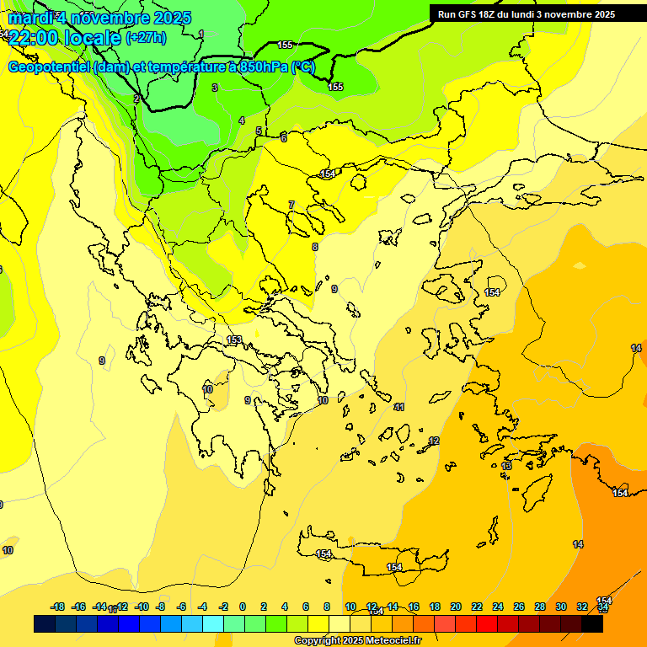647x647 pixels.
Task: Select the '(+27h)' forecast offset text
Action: click(146, 38)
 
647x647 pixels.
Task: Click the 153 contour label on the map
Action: click(234, 340)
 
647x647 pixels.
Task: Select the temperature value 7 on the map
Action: click(291, 205)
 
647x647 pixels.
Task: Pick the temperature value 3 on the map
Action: click(215, 88)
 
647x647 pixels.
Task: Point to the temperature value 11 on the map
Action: click(399, 407)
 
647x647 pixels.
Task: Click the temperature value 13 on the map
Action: click(506, 466)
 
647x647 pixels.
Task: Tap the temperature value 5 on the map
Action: click(259, 131)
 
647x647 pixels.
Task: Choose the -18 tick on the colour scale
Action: click(58, 607)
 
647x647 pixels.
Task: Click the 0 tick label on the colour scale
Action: click(243, 607)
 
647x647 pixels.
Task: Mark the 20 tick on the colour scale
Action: click(456, 607)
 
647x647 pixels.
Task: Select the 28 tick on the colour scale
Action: click(540, 607)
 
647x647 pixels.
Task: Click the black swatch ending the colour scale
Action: click(592, 624)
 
